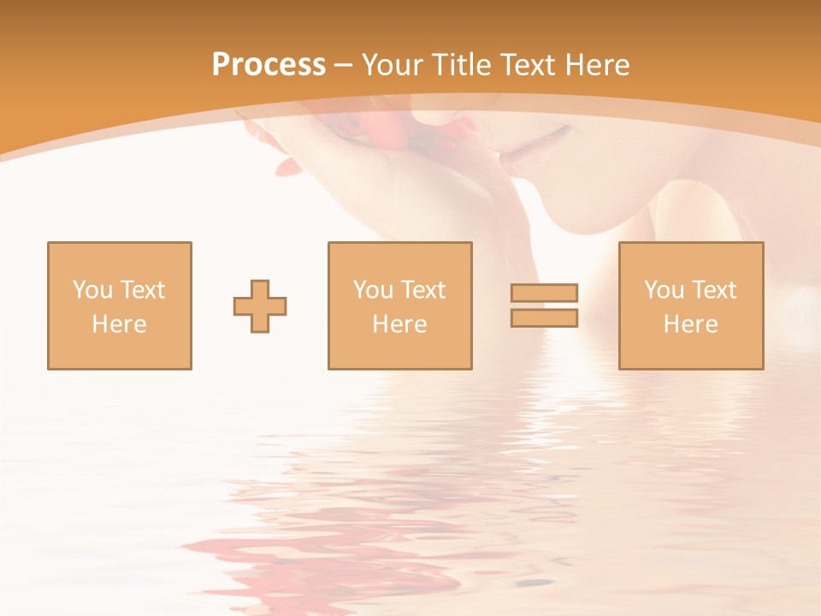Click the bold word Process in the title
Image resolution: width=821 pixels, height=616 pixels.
[269, 65]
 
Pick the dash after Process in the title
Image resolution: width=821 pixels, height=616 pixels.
[343, 66]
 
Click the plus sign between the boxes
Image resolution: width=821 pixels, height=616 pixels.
[260, 306]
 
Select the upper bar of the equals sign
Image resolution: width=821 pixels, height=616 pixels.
[544, 293]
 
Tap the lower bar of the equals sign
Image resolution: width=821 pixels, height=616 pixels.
[544, 318]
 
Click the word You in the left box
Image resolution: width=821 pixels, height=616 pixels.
[92, 290]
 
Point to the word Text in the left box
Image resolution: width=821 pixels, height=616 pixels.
[141, 290]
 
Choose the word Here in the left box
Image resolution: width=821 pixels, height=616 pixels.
[119, 324]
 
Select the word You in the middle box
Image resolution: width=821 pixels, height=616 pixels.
[373, 290]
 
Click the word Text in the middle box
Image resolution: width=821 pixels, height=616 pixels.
[422, 290]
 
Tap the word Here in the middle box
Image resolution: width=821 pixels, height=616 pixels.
[399, 324]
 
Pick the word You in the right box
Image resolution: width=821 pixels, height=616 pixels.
[664, 290]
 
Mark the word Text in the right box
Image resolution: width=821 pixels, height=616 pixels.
[713, 290]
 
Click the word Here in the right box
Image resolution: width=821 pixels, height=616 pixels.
[690, 324]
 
